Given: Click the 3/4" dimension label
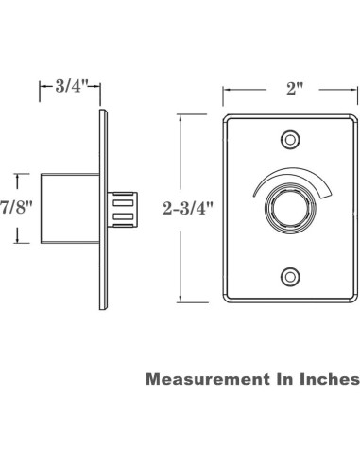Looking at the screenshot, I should pos(70,88).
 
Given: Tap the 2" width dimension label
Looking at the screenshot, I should pos(295,90).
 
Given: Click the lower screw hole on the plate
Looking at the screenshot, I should pos(291,276).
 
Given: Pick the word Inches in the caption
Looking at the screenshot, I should pos(326,379).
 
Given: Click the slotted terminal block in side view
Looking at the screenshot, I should pos(124,209).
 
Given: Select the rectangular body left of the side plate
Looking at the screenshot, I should pos(68,208).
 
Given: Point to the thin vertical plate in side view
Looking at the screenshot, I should pos(101,208).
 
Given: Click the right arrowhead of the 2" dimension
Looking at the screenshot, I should pos(356,91).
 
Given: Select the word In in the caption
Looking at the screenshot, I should pos(281,379).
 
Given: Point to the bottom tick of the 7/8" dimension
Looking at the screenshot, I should pos(15,242).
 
